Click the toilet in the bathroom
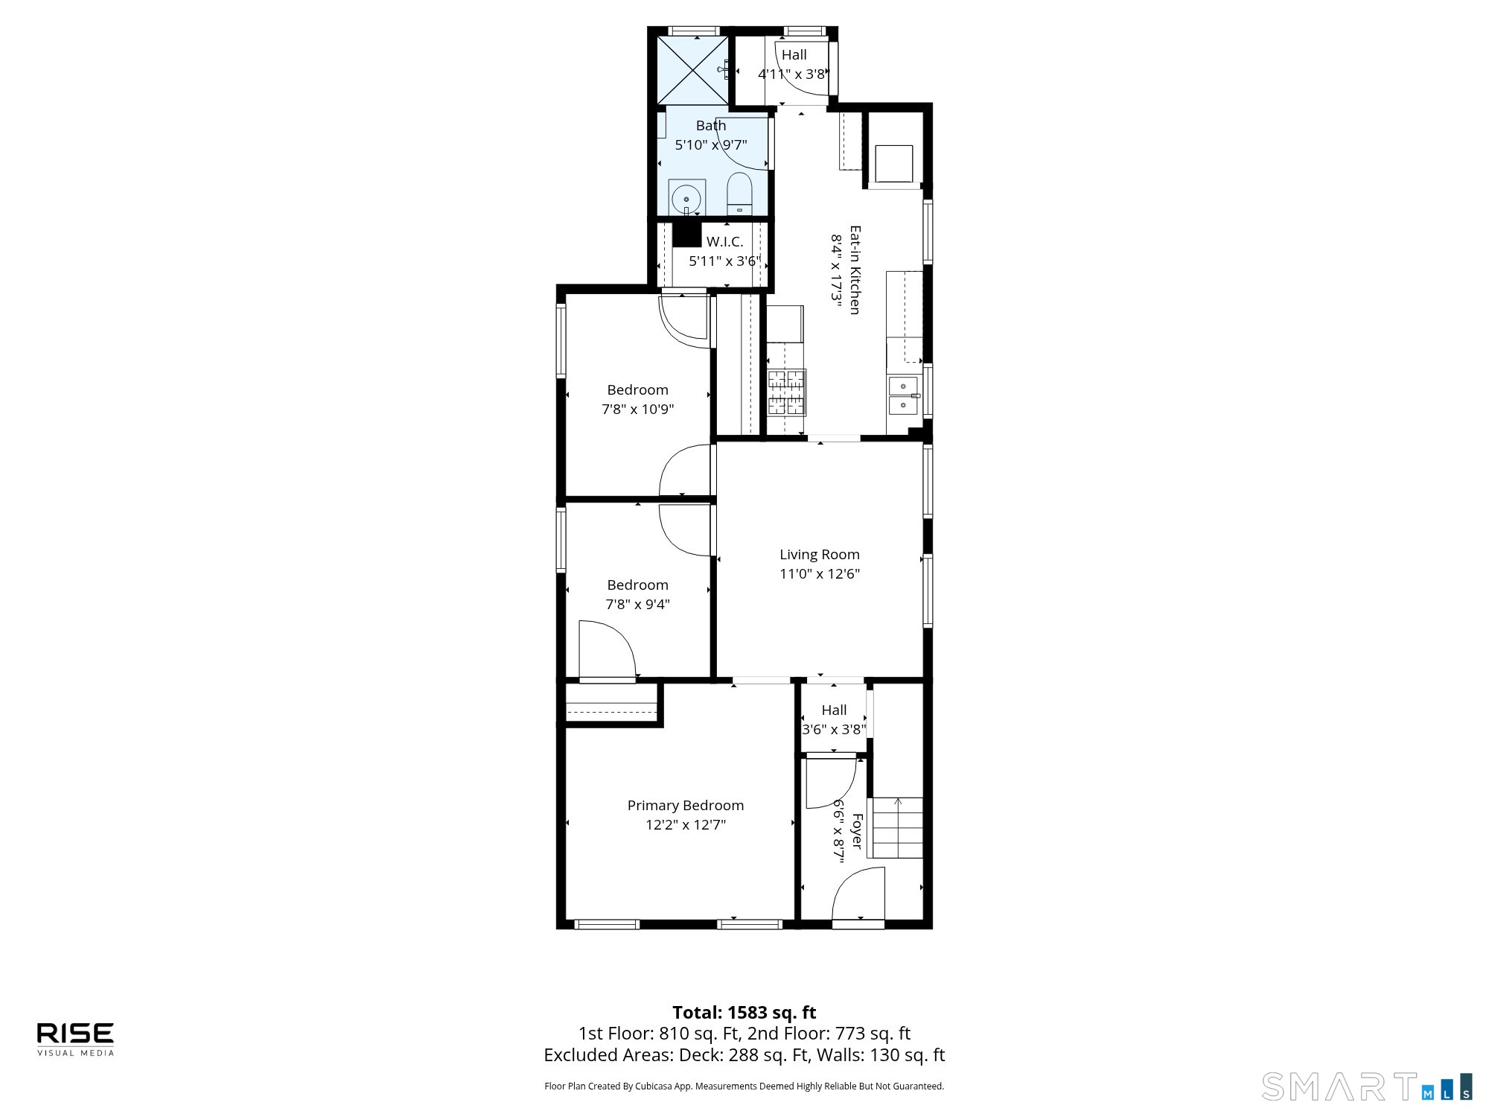[739, 194]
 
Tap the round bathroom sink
[686, 199]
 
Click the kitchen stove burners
[786, 392]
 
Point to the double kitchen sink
[903, 395]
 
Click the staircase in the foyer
[898, 827]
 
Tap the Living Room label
[819, 554]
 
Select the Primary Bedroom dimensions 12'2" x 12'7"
[686, 824]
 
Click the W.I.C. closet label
[724, 241]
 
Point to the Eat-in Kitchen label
[855, 270]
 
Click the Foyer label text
[857, 831]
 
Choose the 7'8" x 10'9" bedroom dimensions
[638, 409]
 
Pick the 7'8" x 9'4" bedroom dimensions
[638, 604]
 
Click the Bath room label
[711, 125]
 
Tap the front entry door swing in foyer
[858, 894]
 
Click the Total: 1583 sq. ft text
[744, 1013]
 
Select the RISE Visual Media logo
[76, 1039]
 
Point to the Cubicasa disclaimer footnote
[744, 1086]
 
